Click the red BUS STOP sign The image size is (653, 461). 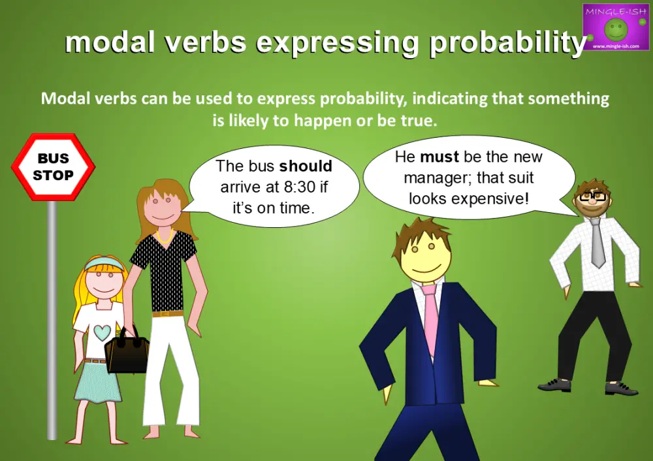tap(53, 167)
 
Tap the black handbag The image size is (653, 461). tap(127, 353)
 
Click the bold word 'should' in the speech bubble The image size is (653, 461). tap(306, 167)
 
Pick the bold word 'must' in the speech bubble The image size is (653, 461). tap(439, 157)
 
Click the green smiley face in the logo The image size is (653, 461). tap(615, 29)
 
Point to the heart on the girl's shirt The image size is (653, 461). tap(102, 332)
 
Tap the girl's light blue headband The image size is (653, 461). tap(104, 264)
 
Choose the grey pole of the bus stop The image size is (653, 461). tap(52, 320)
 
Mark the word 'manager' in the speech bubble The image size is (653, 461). tap(430, 178)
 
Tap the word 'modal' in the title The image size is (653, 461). tap(108, 42)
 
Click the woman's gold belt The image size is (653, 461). tap(168, 314)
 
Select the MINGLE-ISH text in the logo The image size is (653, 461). tap(615, 10)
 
